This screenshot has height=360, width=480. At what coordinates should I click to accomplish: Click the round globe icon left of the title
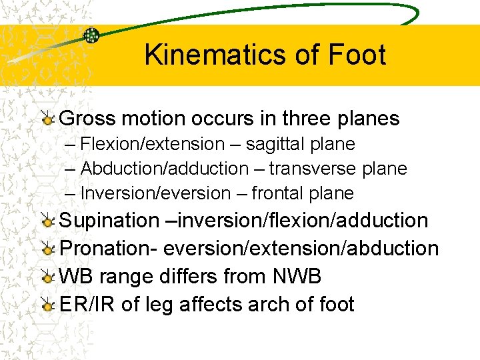tap(91, 36)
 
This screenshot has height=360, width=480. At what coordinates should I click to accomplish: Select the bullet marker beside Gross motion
tap(47, 119)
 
